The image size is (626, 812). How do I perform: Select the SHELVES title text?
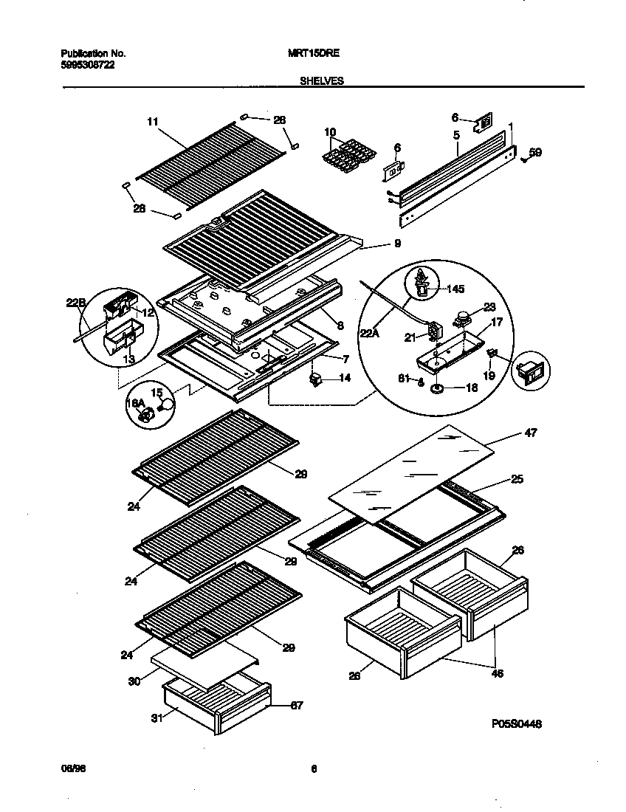321,81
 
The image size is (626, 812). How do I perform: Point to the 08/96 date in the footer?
69,768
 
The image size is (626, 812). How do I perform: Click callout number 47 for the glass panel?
530,433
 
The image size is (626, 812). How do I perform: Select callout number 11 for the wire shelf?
153,121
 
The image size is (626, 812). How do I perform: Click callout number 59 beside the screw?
536,153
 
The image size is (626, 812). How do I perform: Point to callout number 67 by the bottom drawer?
296,706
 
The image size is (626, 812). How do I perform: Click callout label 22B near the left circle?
75,300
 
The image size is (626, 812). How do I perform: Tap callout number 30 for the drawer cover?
134,681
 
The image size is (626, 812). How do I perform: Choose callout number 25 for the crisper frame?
517,480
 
